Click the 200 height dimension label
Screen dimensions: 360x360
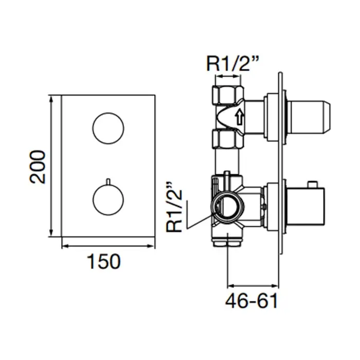pyautogui.click(x=38, y=167)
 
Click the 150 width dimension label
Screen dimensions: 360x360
pyautogui.click(x=104, y=261)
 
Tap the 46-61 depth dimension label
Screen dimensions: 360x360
pyautogui.click(x=251, y=300)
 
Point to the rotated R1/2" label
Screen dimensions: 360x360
pyautogui.click(x=174, y=207)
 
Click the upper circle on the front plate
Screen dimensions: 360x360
pyautogui.click(x=108, y=128)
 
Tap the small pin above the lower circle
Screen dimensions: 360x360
pyautogui.click(x=108, y=181)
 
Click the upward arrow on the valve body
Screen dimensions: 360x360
pyautogui.click(x=239, y=117)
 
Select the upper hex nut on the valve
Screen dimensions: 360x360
pyautogui.click(x=228, y=95)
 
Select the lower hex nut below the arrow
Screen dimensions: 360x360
pyautogui.click(x=227, y=139)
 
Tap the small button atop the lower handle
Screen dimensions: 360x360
pyautogui.click(x=313, y=184)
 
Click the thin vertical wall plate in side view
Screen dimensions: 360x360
pyautogui.click(x=281, y=164)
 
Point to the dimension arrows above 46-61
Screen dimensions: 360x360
pyautogui.click(x=253, y=286)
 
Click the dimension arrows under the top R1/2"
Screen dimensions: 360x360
pyautogui.click(x=227, y=76)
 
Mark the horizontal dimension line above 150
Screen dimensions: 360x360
pyautogui.click(x=108, y=246)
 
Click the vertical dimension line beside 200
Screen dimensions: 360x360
pyautogui.click(x=51, y=166)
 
